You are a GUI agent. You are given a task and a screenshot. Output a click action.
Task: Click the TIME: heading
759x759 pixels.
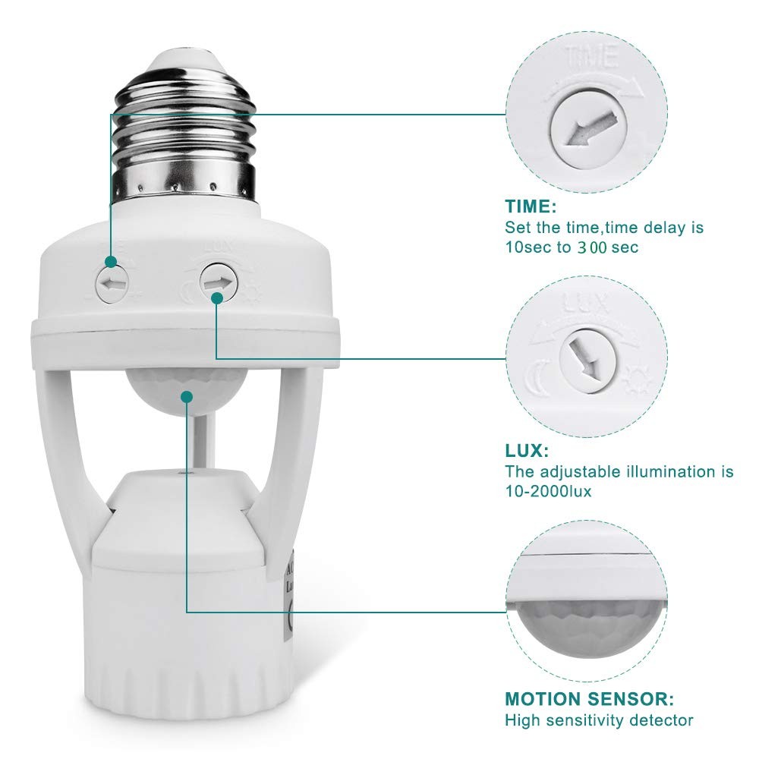[531, 206]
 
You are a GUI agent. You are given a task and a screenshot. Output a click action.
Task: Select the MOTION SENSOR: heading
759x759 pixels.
[590, 699]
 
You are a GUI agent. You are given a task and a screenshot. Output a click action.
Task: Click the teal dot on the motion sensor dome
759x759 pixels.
[186, 395]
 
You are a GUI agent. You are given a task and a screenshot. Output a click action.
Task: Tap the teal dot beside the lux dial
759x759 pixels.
[216, 299]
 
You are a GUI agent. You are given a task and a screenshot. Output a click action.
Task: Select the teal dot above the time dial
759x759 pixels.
[111, 262]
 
